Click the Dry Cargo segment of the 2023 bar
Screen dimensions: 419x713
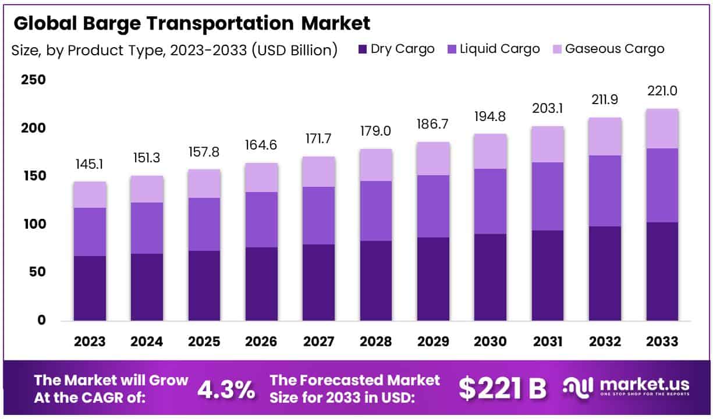click(90, 288)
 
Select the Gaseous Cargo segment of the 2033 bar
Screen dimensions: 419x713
click(662, 129)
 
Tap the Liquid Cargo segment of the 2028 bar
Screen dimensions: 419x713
click(376, 211)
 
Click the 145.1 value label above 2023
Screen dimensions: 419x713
click(90, 165)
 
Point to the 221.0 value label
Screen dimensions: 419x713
click(662, 91)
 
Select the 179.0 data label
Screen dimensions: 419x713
click(376, 132)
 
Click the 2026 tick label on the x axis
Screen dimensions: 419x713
click(261, 342)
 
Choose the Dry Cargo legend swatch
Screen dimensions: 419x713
click(363, 49)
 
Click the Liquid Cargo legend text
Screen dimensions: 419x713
click(500, 49)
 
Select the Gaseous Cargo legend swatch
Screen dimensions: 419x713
click(556, 49)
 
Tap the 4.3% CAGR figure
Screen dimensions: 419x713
click(226, 389)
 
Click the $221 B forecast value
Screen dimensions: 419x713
click(502, 389)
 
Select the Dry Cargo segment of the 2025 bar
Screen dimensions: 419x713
click(204, 285)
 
